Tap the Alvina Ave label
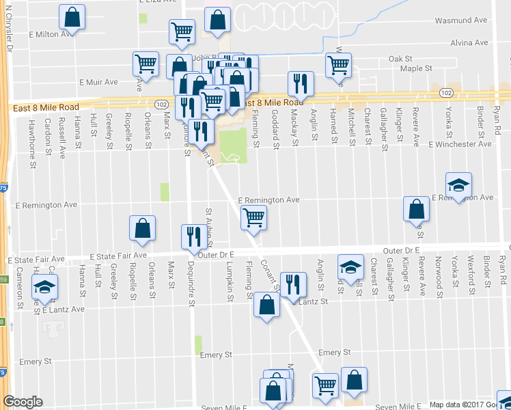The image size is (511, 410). (x=470, y=42)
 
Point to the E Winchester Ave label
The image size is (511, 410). (x=460, y=144)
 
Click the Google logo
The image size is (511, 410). (x=23, y=402)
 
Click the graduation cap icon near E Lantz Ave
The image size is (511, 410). (x=44, y=288)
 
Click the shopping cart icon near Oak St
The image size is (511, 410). (x=338, y=66)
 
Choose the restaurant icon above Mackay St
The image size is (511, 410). (x=301, y=83)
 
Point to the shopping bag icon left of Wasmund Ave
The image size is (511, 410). (x=217, y=21)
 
